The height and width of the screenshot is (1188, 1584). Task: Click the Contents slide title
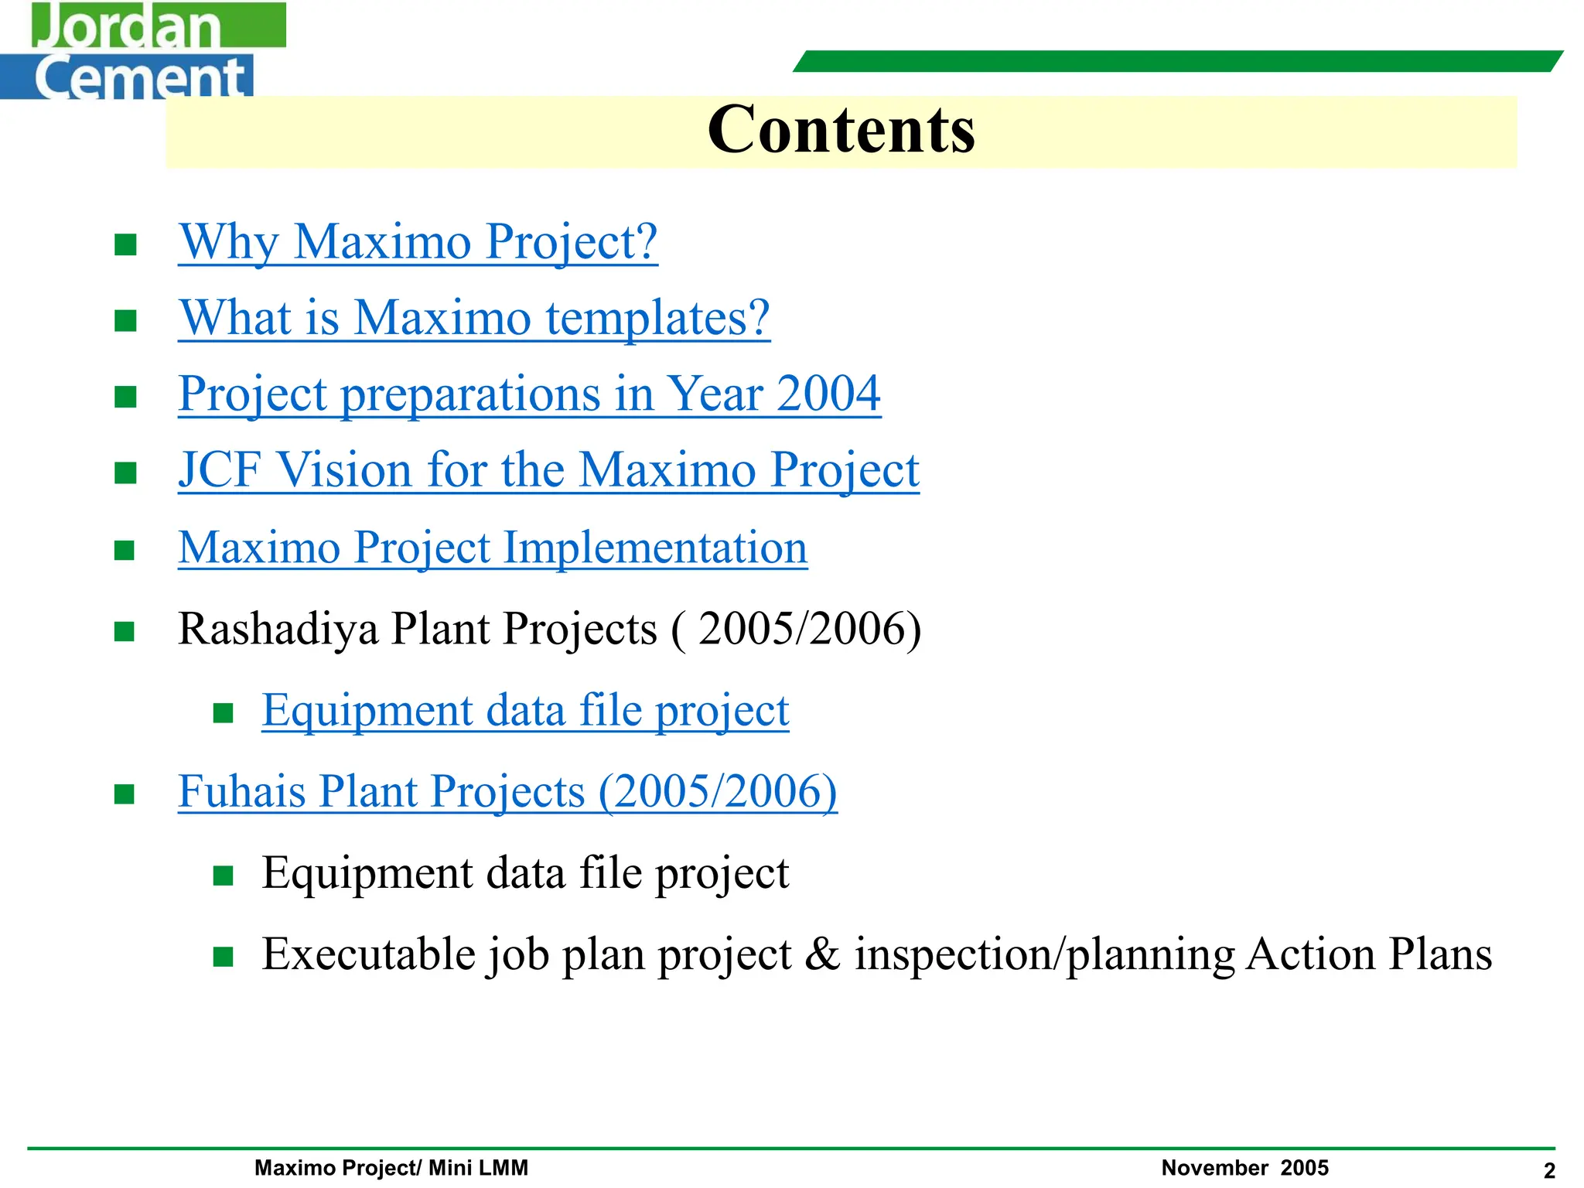click(841, 130)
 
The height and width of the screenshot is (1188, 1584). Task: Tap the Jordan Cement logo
click(143, 51)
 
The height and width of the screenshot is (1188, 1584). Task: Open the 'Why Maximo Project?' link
click(418, 242)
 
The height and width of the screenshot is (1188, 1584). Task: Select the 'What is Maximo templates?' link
click(474, 318)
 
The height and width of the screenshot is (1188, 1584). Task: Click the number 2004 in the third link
click(828, 394)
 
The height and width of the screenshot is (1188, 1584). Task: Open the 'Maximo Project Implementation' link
click(493, 548)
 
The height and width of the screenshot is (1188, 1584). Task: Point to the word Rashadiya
click(278, 628)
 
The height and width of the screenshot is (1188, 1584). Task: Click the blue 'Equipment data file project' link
click(525, 710)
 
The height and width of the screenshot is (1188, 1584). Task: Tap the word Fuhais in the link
click(241, 792)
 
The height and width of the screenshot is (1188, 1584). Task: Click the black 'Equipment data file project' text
click(525, 873)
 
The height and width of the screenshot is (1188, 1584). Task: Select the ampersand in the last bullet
click(822, 954)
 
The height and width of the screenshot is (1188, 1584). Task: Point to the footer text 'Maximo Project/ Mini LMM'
click(391, 1168)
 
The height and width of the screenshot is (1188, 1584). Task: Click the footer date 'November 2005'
click(1244, 1168)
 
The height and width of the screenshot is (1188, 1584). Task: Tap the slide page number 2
click(1549, 1171)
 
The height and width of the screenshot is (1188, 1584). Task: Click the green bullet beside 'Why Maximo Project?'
click(125, 245)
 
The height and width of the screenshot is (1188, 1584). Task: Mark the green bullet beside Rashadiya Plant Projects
click(125, 632)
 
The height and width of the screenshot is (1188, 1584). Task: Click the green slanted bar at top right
click(1177, 61)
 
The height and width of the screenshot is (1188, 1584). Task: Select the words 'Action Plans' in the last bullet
click(1369, 954)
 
